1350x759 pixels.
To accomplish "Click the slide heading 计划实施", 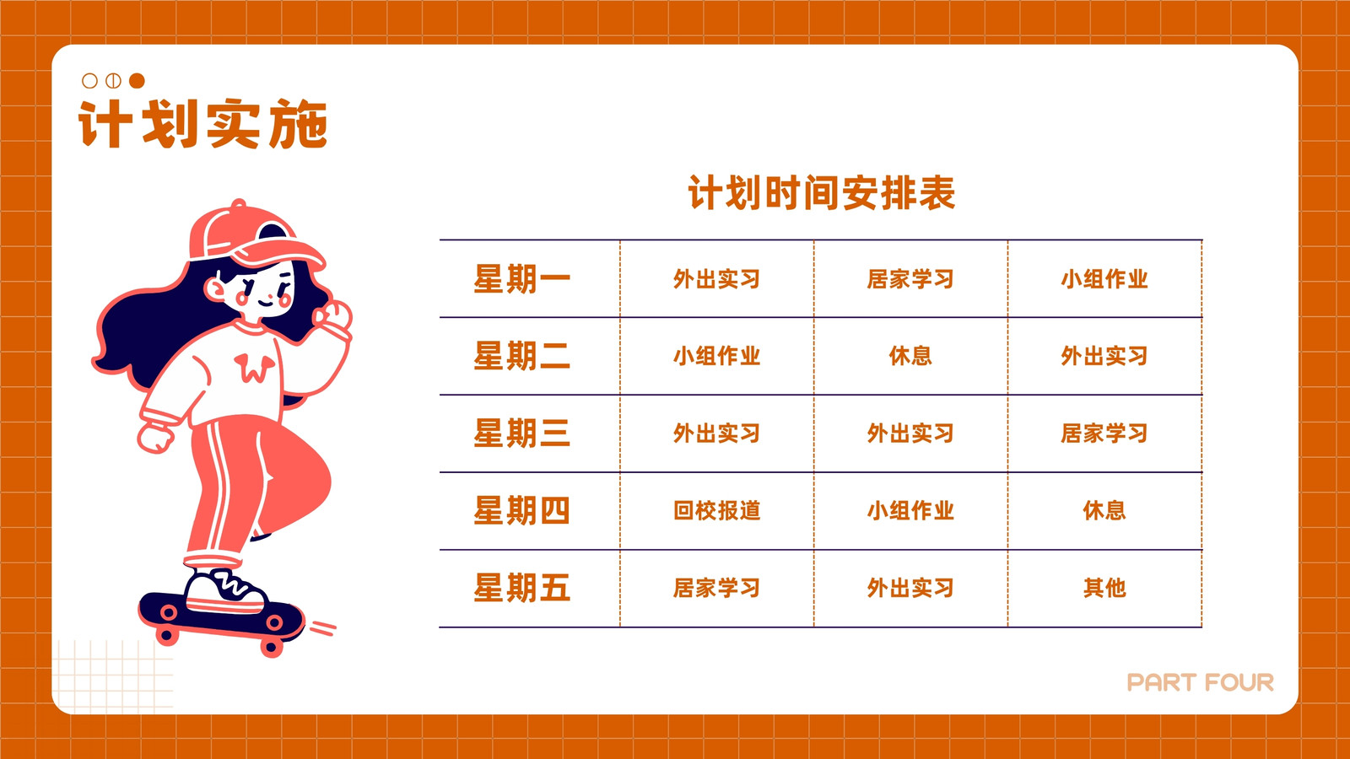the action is pos(202,124).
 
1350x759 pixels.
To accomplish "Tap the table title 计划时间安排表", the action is pos(822,193).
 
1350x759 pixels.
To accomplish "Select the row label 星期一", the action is pos(522,279).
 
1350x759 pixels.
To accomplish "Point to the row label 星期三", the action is pos(522,433).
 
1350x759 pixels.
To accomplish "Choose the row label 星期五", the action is pos(522,588).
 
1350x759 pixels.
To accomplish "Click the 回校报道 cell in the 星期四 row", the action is pos(716,511).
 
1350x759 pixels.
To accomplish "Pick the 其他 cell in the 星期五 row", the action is pos(1104,588).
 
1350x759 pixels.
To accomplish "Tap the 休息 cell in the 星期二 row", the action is pos(910,356).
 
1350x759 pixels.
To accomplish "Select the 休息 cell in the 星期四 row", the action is pos(1104,511).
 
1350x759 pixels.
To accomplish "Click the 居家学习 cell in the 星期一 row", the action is pos(910,279).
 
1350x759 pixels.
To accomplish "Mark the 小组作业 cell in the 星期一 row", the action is pos(1104,279).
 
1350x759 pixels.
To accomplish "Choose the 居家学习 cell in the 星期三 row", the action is pos(1104,433).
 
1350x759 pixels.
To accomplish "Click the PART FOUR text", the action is pos(1201,682).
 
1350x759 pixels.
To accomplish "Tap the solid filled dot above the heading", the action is pos(138,81).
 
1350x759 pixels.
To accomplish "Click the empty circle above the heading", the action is pos(89,81).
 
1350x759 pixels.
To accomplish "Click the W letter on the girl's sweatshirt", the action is pos(254,368).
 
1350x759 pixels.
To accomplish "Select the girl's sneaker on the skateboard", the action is pos(226,590).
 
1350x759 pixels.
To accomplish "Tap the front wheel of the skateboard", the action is pos(271,646).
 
